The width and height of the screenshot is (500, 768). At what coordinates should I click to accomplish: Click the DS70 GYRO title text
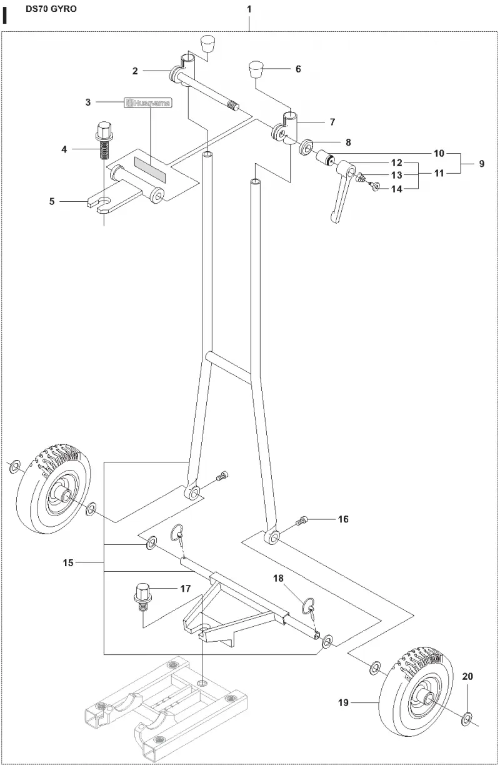51,9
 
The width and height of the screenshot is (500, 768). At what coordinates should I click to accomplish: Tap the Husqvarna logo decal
147,103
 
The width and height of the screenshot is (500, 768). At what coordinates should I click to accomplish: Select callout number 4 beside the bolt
64,149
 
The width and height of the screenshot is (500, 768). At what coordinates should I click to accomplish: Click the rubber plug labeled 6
256,69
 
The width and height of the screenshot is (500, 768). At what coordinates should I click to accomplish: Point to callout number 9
481,164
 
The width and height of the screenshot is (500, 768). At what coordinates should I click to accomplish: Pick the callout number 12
397,162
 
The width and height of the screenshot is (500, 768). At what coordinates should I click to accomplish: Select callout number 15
68,562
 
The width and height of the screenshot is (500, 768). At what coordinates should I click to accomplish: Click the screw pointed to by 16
302,522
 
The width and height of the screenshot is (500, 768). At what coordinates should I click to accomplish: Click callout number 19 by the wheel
343,702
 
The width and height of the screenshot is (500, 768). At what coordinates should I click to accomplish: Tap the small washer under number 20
466,719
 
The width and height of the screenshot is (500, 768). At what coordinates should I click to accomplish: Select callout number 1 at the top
249,9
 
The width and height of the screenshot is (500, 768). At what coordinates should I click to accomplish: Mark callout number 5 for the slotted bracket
52,201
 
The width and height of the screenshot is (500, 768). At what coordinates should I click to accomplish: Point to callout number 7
332,122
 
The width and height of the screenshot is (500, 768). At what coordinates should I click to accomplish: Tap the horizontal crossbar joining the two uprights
229,367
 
